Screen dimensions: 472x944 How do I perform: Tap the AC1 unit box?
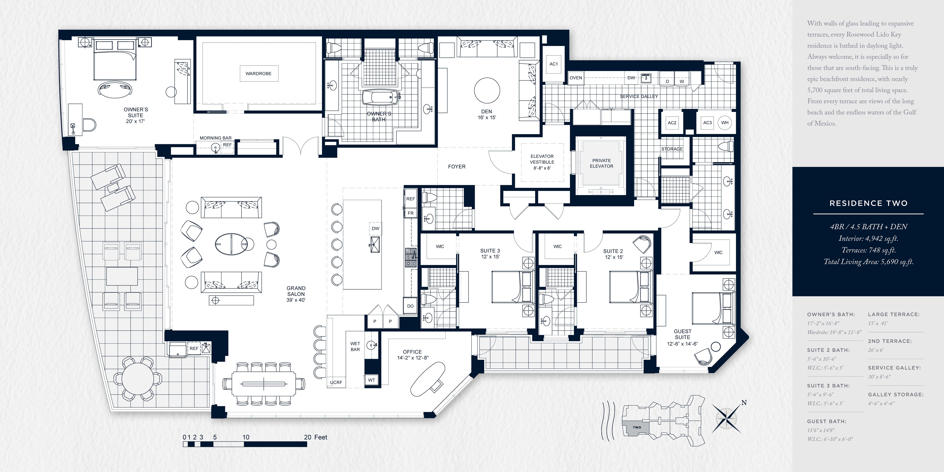553,64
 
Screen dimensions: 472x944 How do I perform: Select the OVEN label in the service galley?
576,78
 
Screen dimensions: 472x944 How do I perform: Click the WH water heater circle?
725,123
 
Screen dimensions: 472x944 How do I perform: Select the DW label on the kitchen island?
375,228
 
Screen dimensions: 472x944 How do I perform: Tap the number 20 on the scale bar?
307,437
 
